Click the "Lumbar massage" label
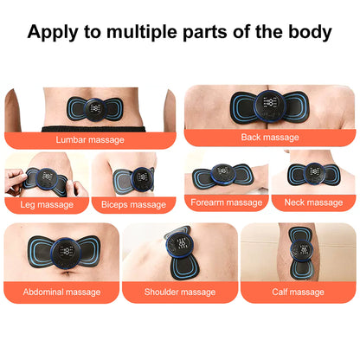pyautogui.click(x=89, y=138)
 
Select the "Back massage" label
pyautogui.click(x=271, y=138)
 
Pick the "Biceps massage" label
pyautogui.click(x=134, y=204)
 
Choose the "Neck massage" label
pyautogui.click(x=313, y=202)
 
